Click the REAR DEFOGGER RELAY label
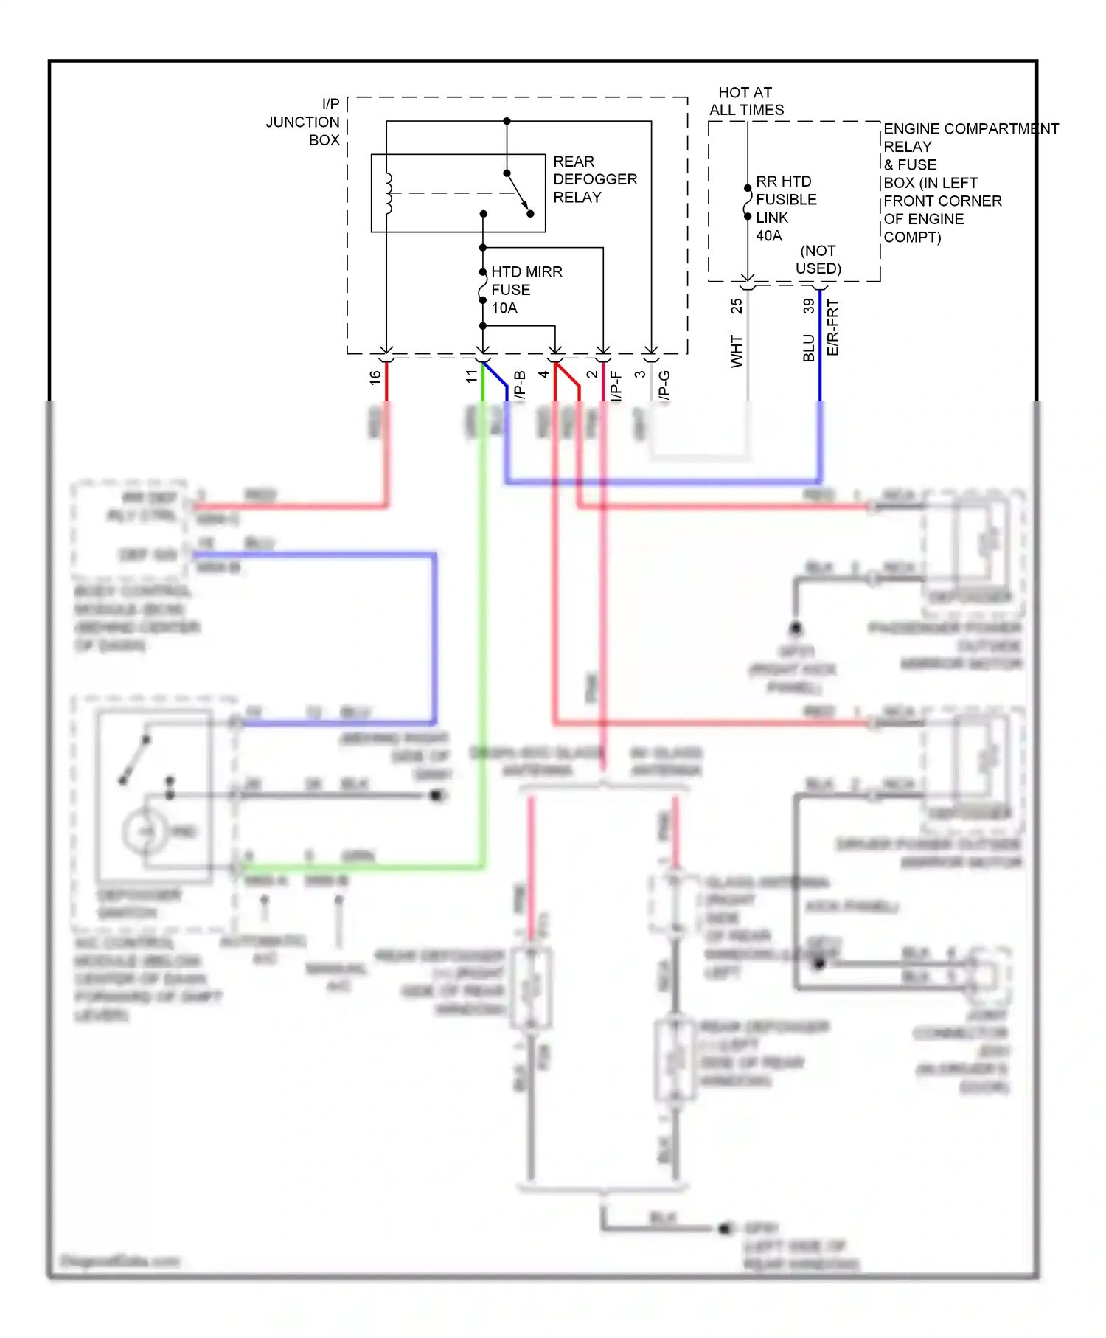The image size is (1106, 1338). click(594, 179)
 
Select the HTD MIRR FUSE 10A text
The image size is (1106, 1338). click(525, 290)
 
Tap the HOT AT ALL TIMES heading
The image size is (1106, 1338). click(746, 101)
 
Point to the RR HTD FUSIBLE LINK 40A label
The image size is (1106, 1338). click(785, 208)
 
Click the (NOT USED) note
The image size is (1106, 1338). click(818, 260)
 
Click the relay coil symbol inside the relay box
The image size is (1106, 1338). click(388, 193)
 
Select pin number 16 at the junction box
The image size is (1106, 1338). click(375, 377)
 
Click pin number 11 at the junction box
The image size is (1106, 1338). click(471, 376)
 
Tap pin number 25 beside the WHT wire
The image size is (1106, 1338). click(736, 306)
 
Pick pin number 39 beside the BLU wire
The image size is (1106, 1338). click(809, 306)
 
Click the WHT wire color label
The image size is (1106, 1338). click(736, 351)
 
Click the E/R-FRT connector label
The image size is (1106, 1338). click(833, 327)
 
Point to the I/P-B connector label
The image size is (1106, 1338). click(520, 386)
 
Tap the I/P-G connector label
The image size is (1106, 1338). click(664, 386)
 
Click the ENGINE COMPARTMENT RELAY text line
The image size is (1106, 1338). click(970, 129)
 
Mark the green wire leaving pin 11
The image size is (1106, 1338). click(483, 627)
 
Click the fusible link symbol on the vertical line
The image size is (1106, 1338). click(748, 203)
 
